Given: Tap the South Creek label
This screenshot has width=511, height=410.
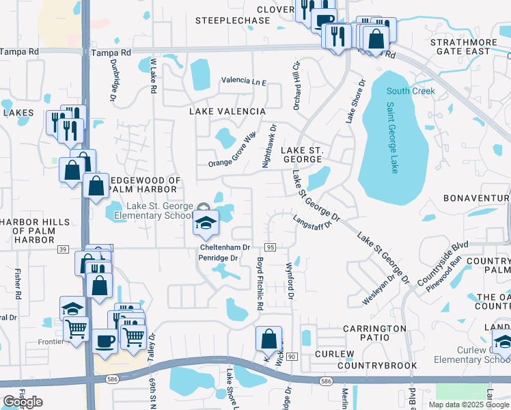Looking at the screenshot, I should pyautogui.click(x=410, y=92).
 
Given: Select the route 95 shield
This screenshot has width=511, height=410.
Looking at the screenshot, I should pyautogui.click(x=270, y=247).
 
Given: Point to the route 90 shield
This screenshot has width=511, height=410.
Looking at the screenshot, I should pyautogui.click(x=291, y=357).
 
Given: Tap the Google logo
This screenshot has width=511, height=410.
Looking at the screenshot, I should pyautogui.click(x=23, y=402).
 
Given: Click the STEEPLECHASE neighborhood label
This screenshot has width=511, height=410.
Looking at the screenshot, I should pyautogui.click(x=233, y=21).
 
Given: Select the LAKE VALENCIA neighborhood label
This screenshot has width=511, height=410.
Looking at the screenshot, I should pyautogui.click(x=227, y=111).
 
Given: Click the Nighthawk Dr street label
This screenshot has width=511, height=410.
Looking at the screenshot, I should pyautogui.click(x=268, y=146).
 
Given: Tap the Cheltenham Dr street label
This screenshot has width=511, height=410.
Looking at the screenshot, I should pyautogui.click(x=225, y=247).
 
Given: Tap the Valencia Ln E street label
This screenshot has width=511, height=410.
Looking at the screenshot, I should pyautogui.click(x=243, y=81).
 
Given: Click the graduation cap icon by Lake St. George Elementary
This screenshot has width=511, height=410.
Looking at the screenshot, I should pyautogui.click(x=205, y=223).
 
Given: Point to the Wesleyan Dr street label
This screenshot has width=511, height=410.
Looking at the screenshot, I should pyautogui.click(x=378, y=291).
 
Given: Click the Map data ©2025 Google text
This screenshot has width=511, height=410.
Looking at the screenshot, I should pyautogui.click(x=468, y=404).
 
